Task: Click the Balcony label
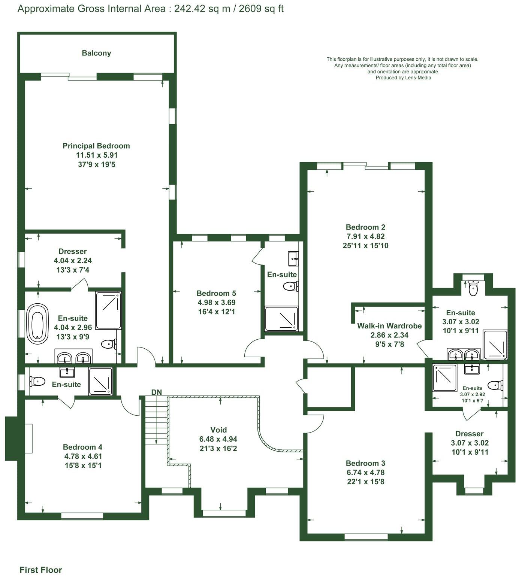(96, 53)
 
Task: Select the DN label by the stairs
(157, 392)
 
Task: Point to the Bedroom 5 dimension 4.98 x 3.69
(216, 303)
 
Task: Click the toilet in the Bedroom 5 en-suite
(290, 287)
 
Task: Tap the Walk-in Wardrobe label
(389, 326)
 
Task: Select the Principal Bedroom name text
(96, 146)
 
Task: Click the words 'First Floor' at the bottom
(40, 570)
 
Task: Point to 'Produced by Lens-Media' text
(403, 78)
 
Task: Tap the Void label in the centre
(218, 430)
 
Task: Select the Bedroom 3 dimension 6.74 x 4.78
(365, 473)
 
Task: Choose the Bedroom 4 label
(82, 447)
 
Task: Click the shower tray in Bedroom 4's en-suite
(100, 381)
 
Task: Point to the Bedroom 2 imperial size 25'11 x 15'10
(365, 246)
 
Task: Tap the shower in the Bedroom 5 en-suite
(281, 319)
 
